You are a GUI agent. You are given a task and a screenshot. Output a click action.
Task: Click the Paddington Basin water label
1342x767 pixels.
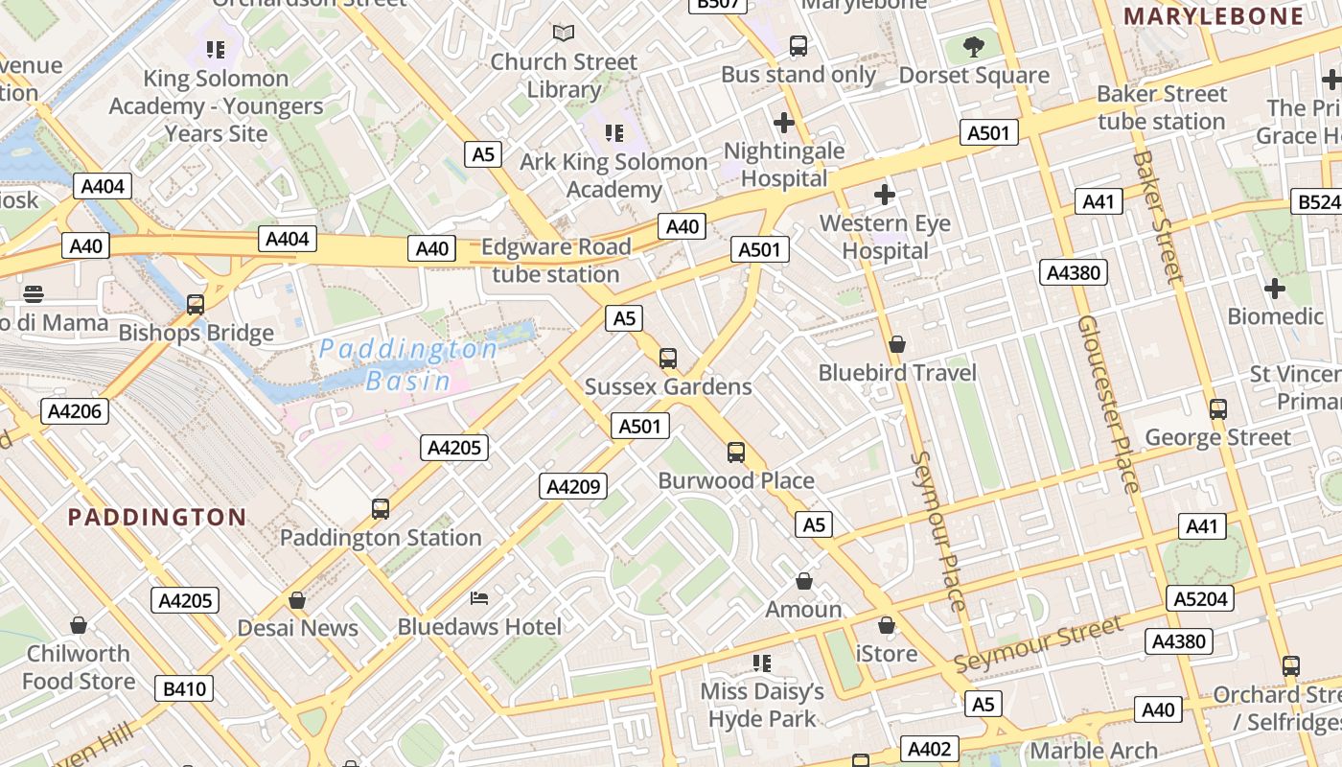tap(408, 364)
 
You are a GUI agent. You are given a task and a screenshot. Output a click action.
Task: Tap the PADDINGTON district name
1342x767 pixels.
tap(157, 518)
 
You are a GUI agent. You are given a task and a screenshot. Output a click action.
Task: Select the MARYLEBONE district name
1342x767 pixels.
tap(1214, 16)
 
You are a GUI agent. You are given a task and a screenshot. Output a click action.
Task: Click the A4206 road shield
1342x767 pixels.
tap(75, 411)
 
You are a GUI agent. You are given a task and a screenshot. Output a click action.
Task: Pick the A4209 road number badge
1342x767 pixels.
tap(573, 487)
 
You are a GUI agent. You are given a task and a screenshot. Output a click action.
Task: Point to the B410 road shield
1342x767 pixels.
tap(184, 688)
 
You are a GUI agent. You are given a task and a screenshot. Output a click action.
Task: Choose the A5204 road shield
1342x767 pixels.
tap(1200, 599)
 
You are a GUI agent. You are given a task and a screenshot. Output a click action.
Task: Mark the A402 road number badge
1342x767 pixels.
tap(928, 749)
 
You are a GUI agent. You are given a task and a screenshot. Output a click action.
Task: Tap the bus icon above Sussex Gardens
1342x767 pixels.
tap(668, 359)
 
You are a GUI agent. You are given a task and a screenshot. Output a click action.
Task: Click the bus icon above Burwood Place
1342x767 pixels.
tap(736, 453)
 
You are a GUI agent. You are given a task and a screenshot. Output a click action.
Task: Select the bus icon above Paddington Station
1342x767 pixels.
tap(381, 509)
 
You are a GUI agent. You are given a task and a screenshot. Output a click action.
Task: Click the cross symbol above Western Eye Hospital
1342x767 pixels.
tap(885, 196)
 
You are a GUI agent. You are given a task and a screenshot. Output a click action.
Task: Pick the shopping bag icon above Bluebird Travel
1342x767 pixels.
tap(897, 344)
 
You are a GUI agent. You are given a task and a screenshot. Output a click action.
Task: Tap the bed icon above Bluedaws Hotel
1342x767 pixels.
tap(479, 599)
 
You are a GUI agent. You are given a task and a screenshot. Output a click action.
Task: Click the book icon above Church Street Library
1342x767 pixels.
tap(564, 34)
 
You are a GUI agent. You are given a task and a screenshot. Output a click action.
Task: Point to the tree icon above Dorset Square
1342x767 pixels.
tap(974, 46)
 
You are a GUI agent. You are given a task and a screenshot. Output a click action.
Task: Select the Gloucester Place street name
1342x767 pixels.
tap(1107, 403)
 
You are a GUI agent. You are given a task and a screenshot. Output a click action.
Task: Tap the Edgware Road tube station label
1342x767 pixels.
tap(556, 261)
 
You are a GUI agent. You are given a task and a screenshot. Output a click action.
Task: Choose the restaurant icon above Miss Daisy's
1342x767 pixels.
tap(762, 663)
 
